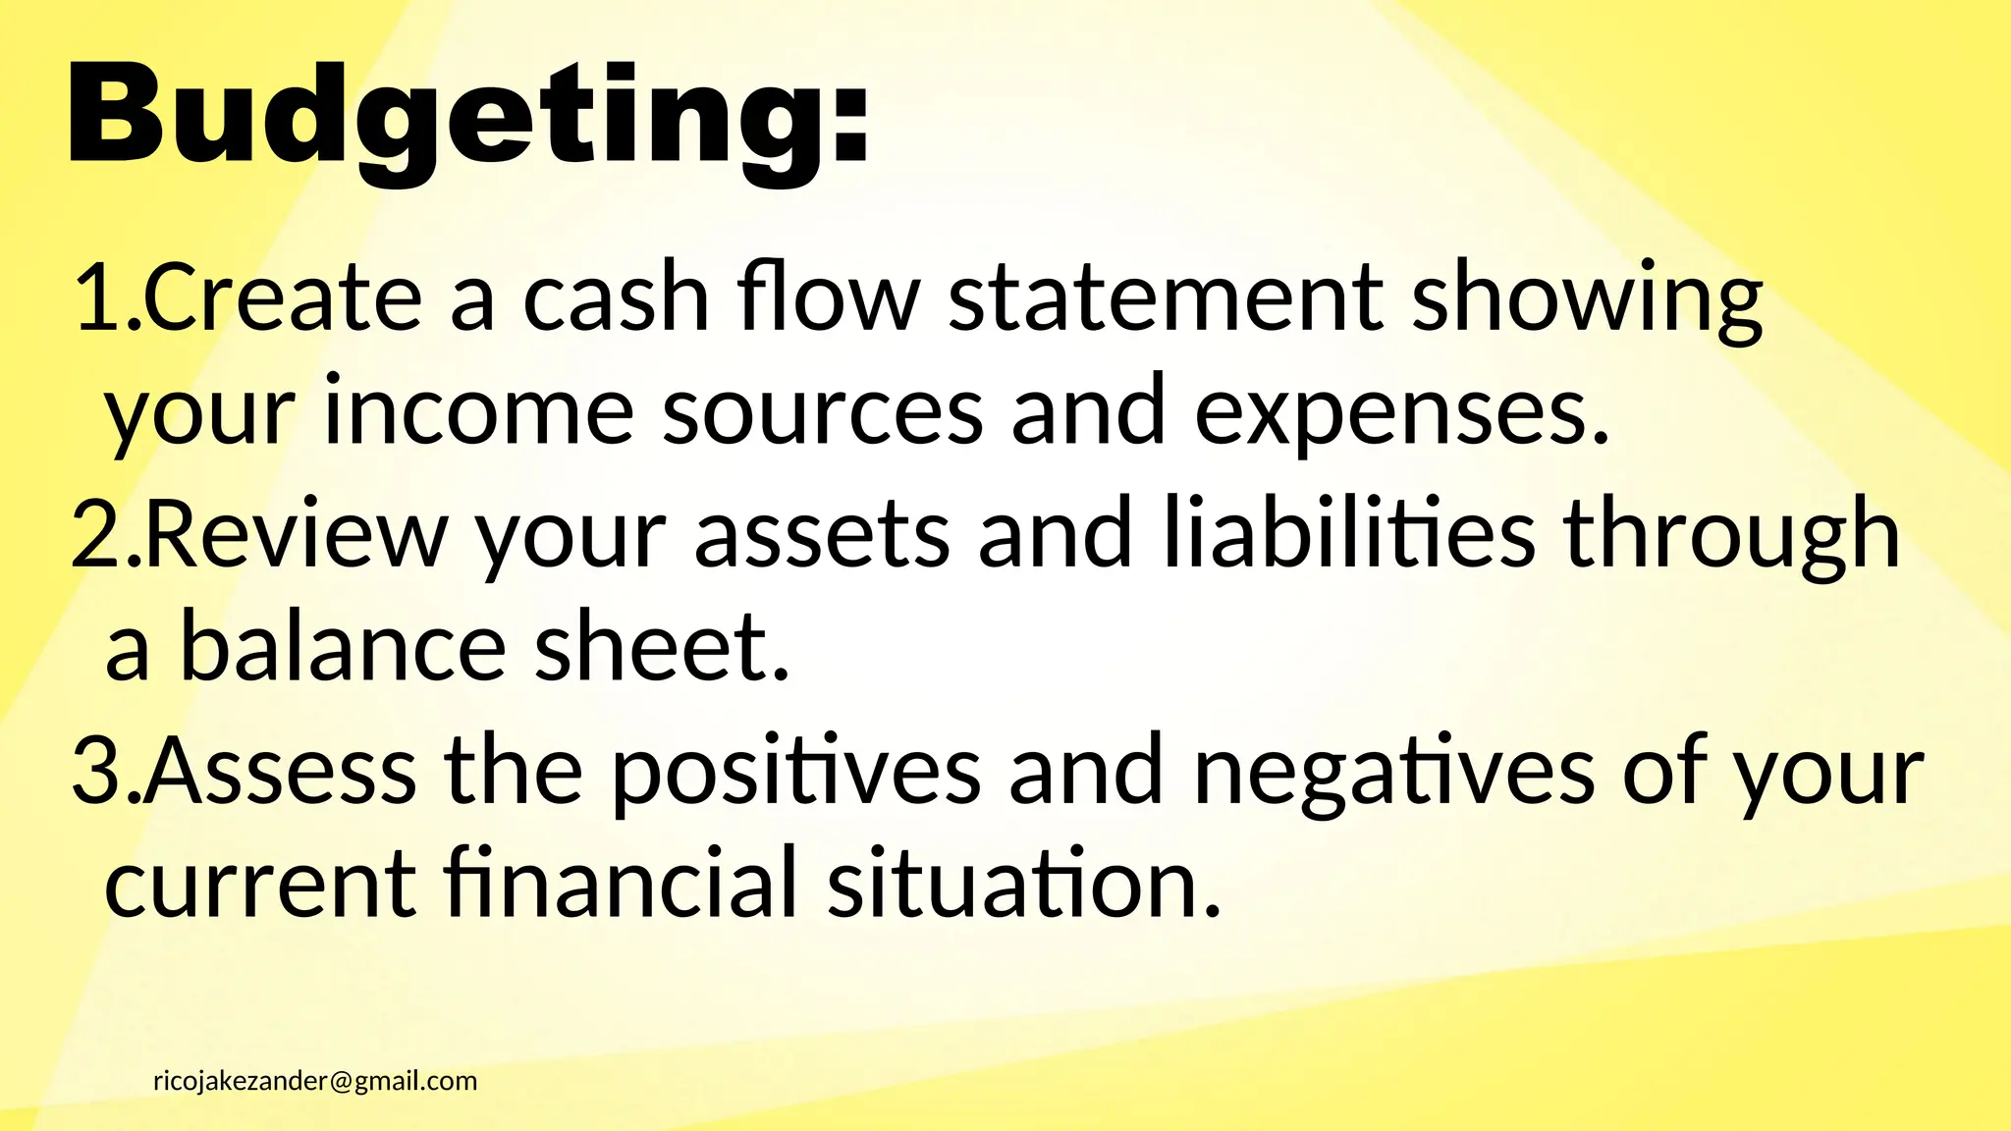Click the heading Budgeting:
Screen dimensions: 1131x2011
click(467, 118)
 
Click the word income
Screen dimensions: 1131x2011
click(478, 412)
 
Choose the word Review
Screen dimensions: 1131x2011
click(297, 534)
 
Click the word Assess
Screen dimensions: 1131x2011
click(281, 772)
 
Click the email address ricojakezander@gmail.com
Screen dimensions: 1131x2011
click(315, 1081)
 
